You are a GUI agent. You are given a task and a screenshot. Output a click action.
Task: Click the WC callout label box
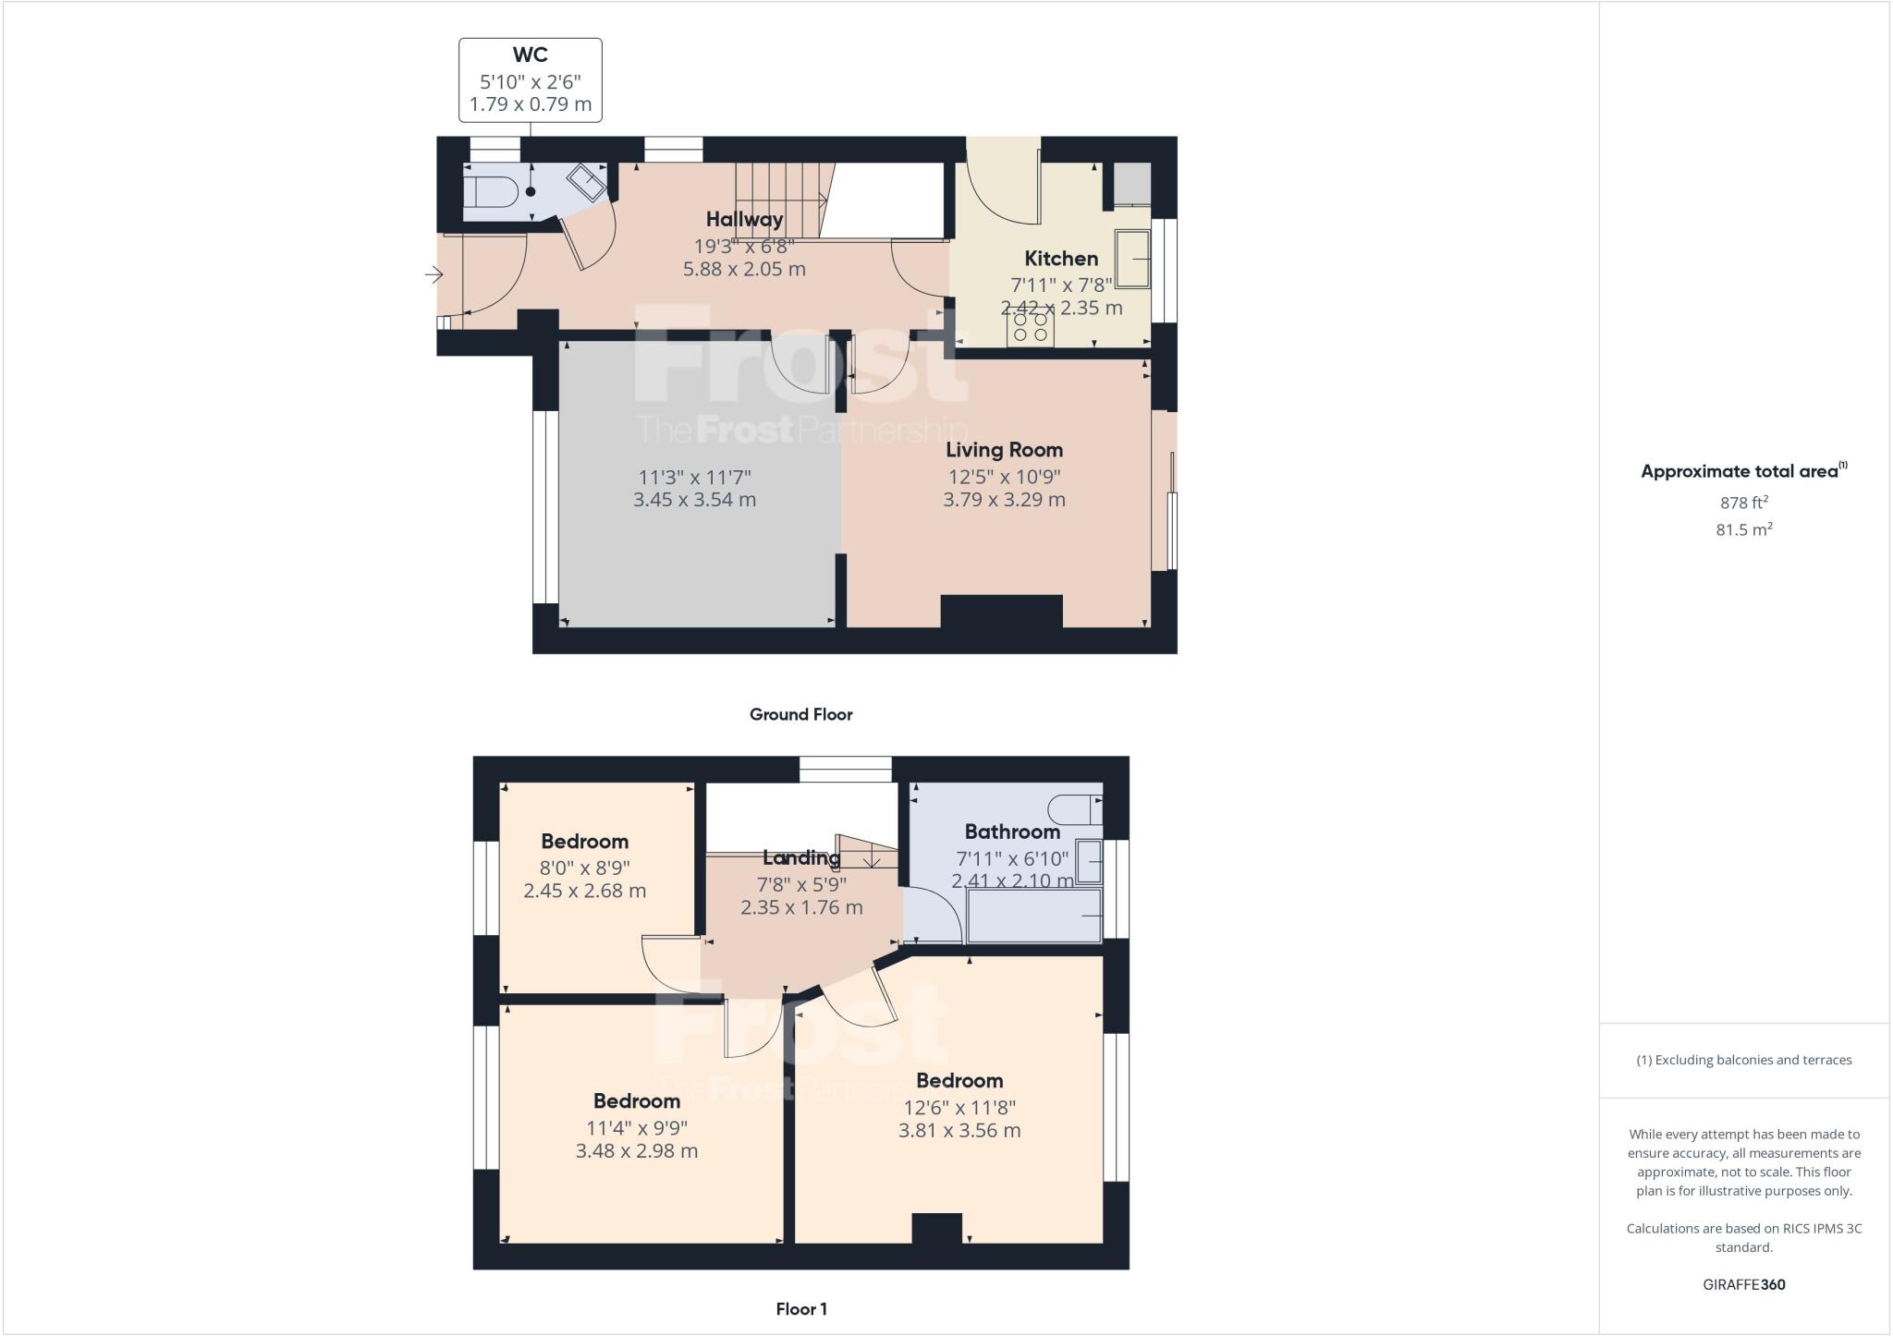pos(531,80)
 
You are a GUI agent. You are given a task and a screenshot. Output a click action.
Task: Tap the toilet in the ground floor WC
pos(490,192)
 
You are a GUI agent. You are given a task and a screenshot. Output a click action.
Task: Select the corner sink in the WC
pos(586,181)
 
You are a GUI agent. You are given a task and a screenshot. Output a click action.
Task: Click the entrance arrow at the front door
pos(434,274)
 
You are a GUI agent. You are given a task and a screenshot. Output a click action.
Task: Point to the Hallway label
pos(744,219)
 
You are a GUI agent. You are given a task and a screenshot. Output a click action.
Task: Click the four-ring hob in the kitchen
pos(1031,327)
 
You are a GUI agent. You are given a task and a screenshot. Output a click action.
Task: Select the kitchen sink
pos(1132,259)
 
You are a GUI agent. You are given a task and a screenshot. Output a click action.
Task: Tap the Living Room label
pos(1004,450)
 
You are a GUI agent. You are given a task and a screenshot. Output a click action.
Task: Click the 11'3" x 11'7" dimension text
pos(694,478)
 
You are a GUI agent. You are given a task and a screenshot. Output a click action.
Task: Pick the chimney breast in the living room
pos(1001,612)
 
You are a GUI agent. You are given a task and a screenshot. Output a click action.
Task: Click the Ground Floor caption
pos(800,714)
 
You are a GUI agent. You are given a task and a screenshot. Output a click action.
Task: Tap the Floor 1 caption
pos(800,1309)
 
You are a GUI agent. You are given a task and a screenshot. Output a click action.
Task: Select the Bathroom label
pos(1012,832)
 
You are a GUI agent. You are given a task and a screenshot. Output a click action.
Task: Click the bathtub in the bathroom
pos(1033,915)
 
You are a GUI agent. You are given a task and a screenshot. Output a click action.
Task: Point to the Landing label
pos(800,857)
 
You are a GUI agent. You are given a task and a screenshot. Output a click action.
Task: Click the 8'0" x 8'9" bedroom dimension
pos(584,868)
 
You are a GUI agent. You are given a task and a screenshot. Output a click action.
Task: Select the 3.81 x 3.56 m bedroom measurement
pos(959,1130)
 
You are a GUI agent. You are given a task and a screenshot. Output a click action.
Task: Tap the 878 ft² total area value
pos(1743,503)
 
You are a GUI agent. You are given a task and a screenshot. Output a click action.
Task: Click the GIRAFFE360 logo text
pos(1743,1284)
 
